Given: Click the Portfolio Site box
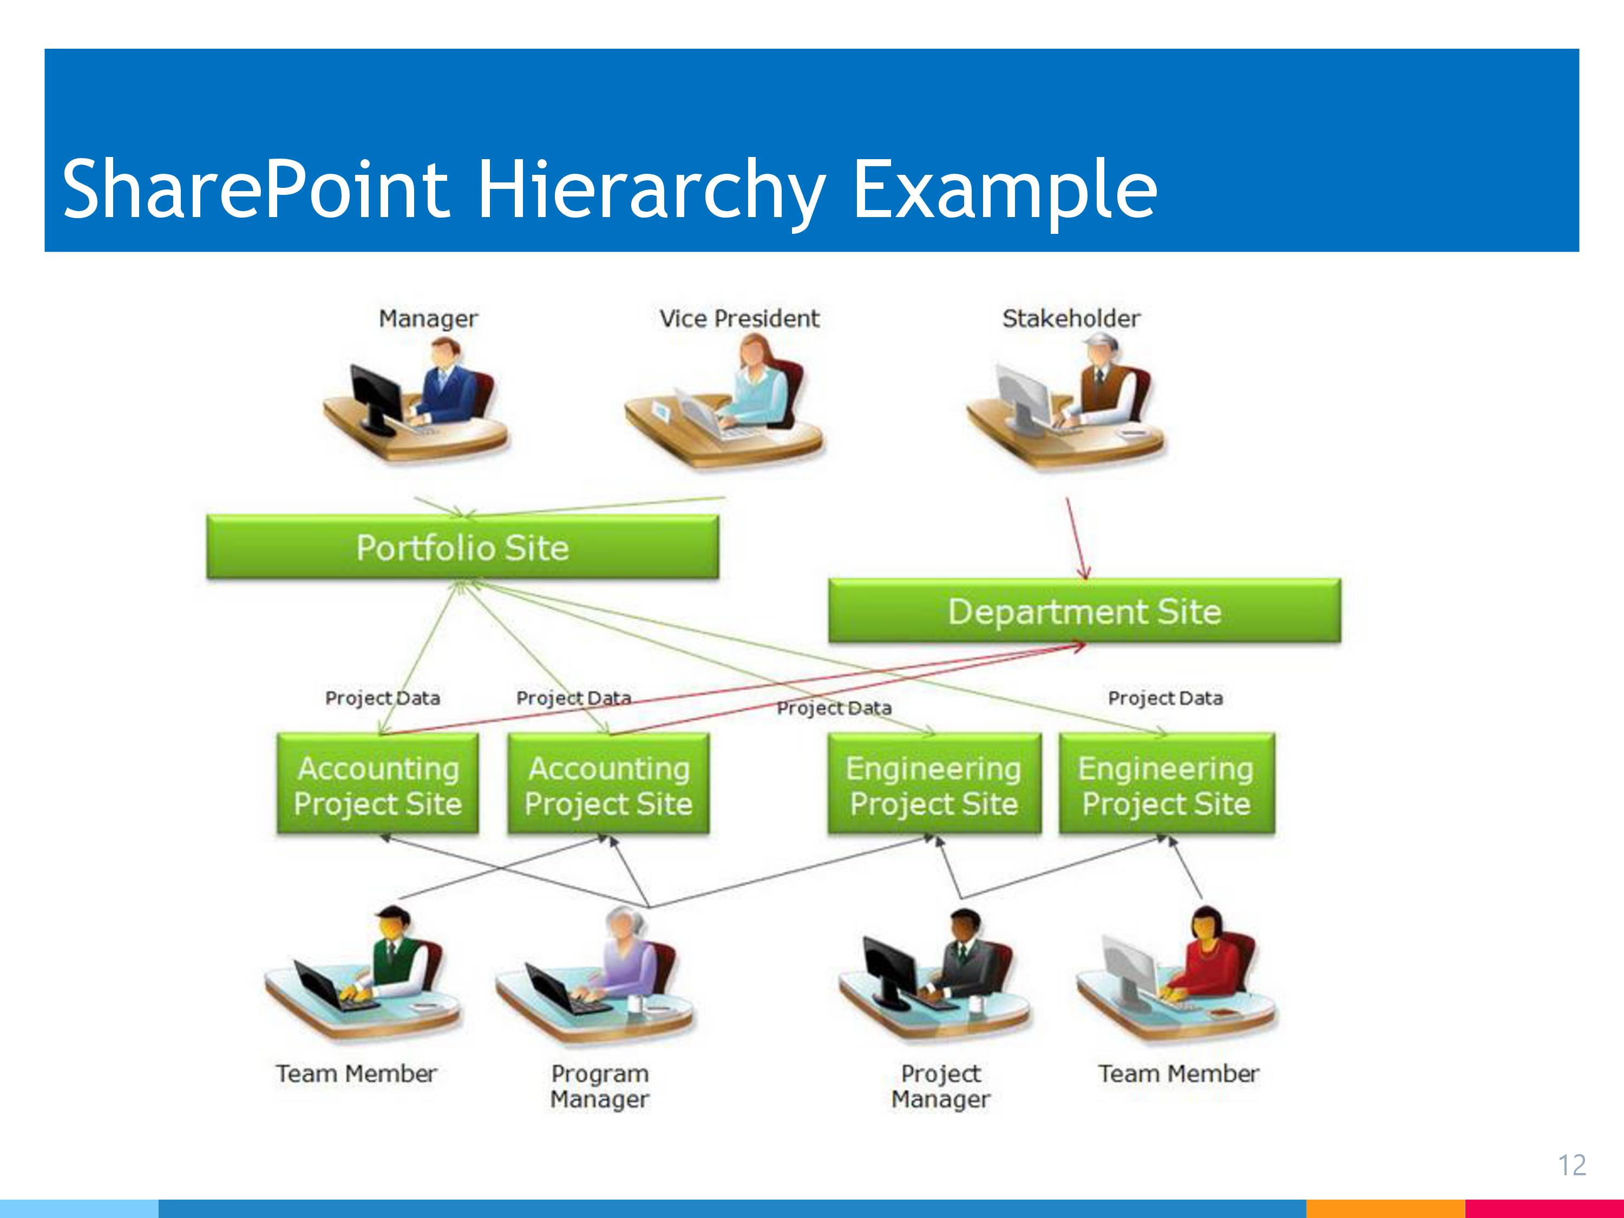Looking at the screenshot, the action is point(462,547).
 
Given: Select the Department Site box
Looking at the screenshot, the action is point(1084,611).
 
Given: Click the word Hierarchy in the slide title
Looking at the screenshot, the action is point(652,189).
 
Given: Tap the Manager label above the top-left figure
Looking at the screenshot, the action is point(428,319).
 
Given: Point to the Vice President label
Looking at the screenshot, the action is point(738,319).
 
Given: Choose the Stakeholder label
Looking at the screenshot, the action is point(1071,319).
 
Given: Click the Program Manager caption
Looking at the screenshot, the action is point(600,1086).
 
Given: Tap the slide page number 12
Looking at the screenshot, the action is point(1572,1165).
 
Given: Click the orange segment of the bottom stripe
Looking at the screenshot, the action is point(1385,1208).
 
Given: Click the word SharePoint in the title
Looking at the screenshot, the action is point(256,189).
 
